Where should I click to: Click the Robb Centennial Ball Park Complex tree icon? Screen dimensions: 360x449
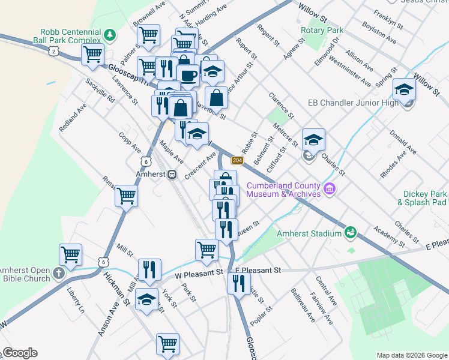pyautogui.click(x=109, y=34)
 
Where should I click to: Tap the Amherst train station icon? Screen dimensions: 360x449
pyautogui.click(x=172, y=174)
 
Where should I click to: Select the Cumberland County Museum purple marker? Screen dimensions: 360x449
pyautogui.click(x=329, y=190)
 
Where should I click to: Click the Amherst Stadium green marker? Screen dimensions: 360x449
pyautogui.click(x=350, y=231)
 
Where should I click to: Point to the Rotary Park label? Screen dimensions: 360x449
pyautogui.click(x=322, y=30)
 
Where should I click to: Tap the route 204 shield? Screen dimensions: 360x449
pyautogui.click(x=237, y=160)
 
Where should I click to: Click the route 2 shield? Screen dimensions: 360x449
pyautogui.click(x=55, y=52)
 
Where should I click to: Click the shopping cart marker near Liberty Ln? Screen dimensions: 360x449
pyautogui.click(x=71, y=254)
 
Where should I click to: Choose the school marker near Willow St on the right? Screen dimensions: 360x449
pyautogui.click(x=405, y=90)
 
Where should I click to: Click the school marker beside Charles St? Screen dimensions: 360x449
pyautogui.click(x=313, y=140)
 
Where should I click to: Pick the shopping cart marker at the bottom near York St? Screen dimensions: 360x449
pyautogui.click(x=167, y=344)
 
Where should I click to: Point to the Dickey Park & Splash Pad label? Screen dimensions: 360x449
pyautogui.click(x=421, y=198)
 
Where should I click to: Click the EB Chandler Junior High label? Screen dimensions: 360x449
pyautogui.click(x=352, y=103)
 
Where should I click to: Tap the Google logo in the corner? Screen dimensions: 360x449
pyautogui.click(x=20, y=353)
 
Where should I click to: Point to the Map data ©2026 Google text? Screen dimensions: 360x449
pyautogui.click(x=411, y=355)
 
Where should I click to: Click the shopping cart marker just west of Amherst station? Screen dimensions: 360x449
pyautogui.click(x=126, y=196)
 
